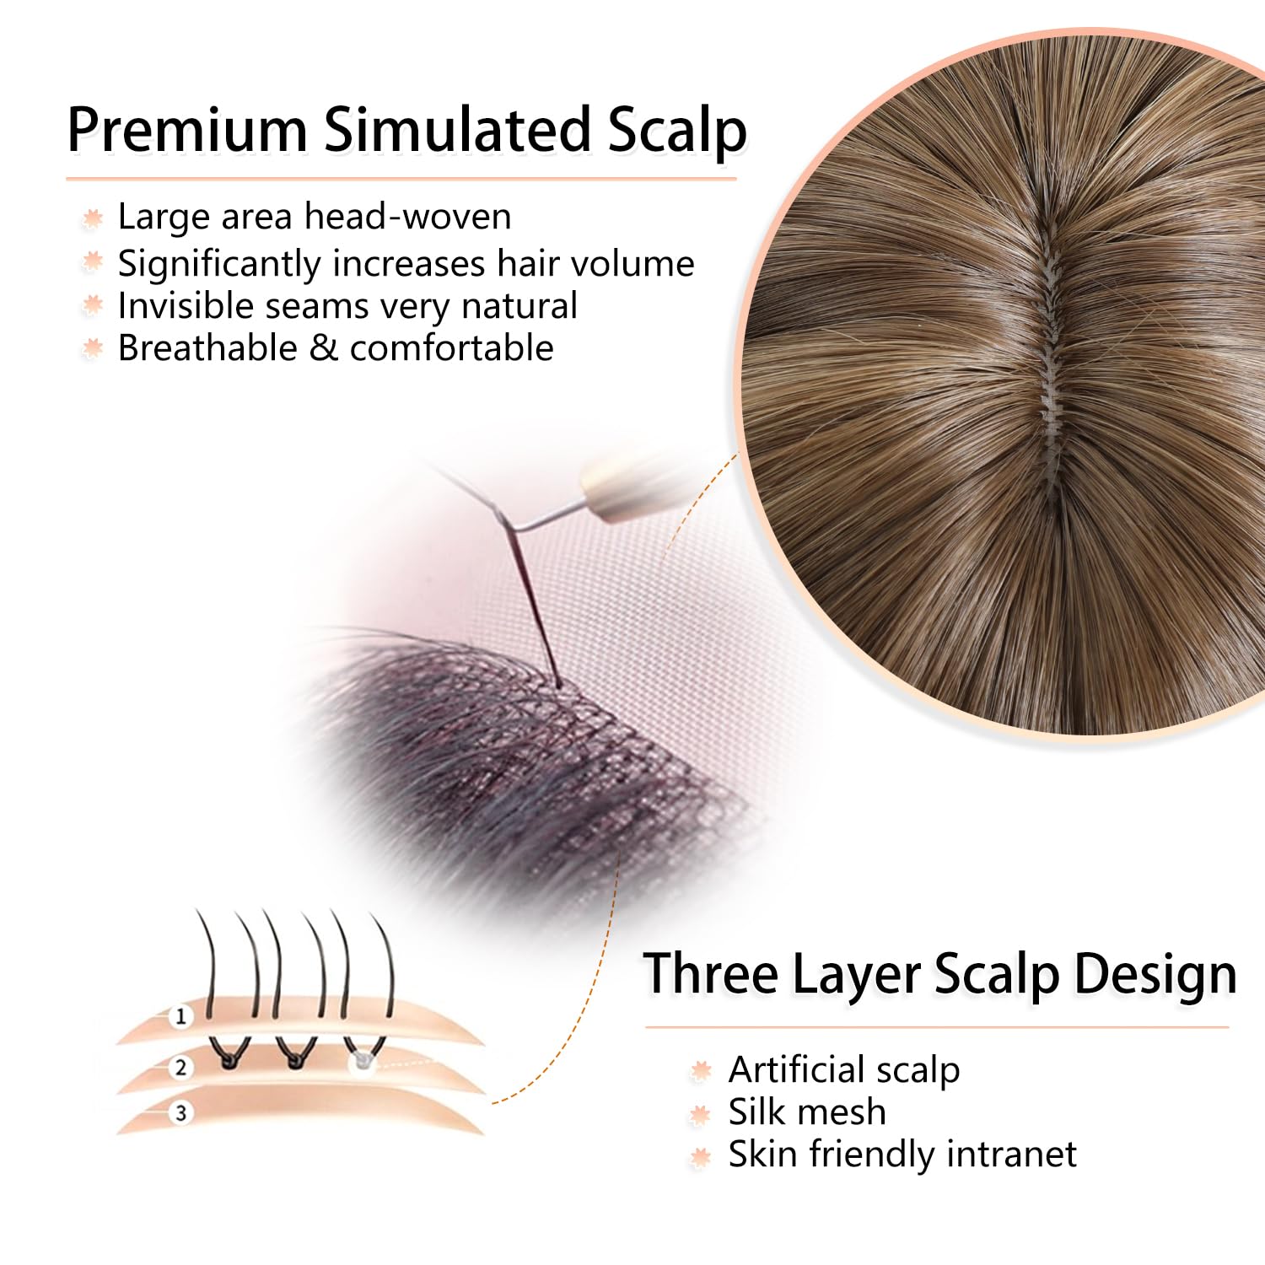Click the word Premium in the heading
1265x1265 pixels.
click(x=187, y=130)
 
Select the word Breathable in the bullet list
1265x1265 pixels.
click(x=207, y=347)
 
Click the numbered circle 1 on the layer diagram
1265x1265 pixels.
click(x=180, y=1016)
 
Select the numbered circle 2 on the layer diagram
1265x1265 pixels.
click(x=180, y=1068)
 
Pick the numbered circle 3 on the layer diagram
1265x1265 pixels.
click(x=180, y=1113)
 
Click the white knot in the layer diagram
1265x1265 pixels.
click(x=362, y=1058)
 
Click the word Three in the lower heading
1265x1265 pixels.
click(x=711, y=974)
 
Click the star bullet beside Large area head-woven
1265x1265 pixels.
click(x=93, y=218)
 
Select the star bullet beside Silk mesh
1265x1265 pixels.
click(x=700, y=1115)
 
